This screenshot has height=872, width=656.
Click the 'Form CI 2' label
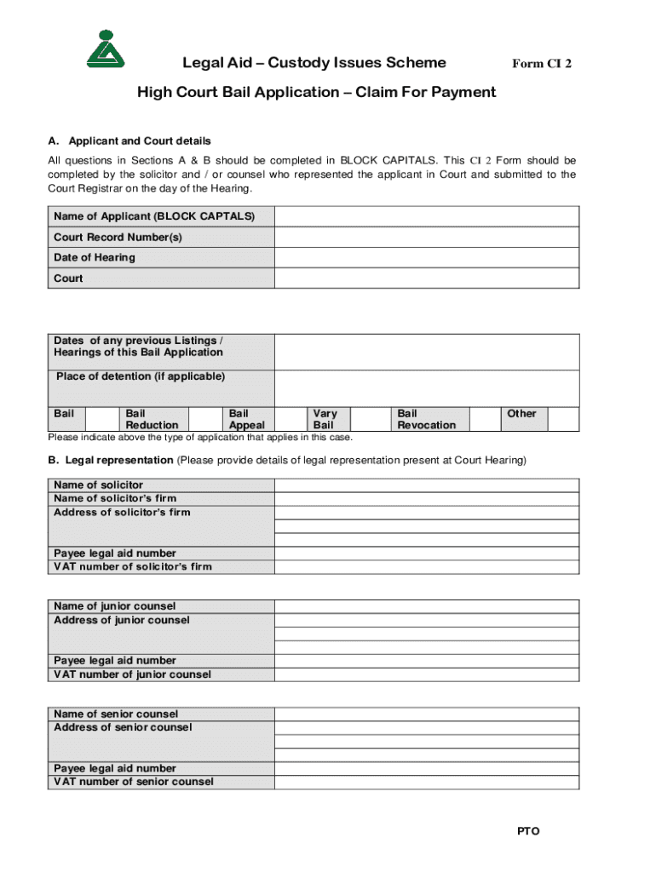[x=541, y=64]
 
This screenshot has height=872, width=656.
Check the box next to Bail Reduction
[x=205, y=418]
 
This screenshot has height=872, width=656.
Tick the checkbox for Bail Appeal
[x=290, y=418]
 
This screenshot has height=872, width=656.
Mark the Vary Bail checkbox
[x=371, y=418]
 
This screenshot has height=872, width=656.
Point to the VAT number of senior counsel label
[x=134, y=782]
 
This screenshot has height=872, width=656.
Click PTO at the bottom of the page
[x=528, y=831]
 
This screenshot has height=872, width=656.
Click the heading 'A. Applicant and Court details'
[x=129, y=141]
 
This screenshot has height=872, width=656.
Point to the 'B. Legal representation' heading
[x=111, y=461]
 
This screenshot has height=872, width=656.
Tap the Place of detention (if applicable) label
[x=141, y=376]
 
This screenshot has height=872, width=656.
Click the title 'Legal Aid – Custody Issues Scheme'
[x=314, y=63]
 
